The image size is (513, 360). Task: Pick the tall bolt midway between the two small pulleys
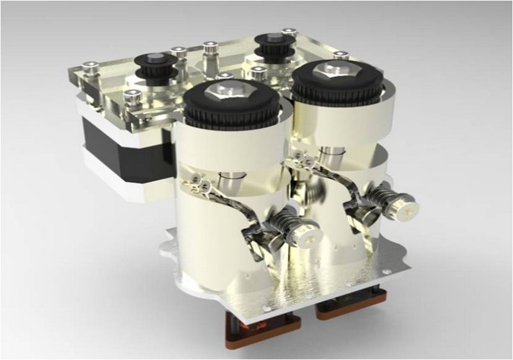pyautogui.click(x=209, y=53)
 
